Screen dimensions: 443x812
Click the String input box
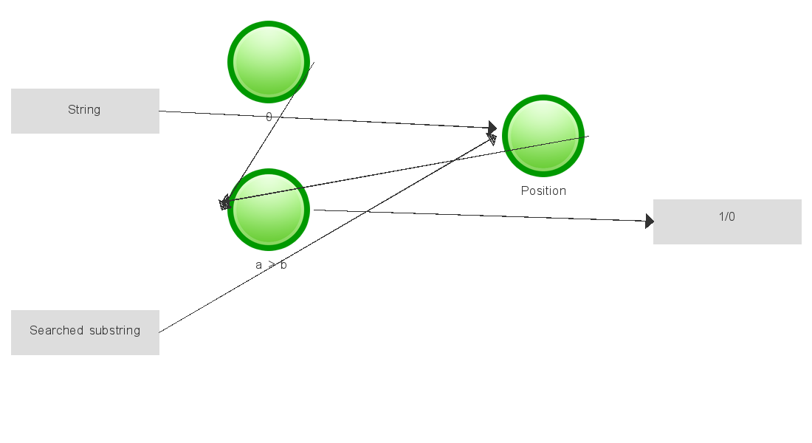pyautogui.click(x=85, y=111)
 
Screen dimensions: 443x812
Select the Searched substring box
pyautogui.click(x=85, y=332)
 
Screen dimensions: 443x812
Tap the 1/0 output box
pyautogui.click(x=727, y=221)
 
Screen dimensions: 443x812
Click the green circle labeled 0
pyautogui.click(x=268, y=62)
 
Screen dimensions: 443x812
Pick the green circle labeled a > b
pyautogui.click(x=268, y=210)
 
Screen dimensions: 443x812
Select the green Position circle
pyautogui.click(x=543, y=136)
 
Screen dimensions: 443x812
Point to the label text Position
pyautogui.click(x=543, y=190)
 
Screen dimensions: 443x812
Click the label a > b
pyautogui.click(x=271, y=264)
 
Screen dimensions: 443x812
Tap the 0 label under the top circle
pyautogui.click(x=269, y=117)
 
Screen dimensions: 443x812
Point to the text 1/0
pyautogui.click(x=727, y=217)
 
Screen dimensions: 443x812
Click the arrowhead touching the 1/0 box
pyautogui.click(x=649, y=221)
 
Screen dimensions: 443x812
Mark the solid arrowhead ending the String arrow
pyautogui.click(x=492, y=128)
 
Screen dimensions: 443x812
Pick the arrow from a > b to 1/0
pyautogui.click(x=480, y=216)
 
